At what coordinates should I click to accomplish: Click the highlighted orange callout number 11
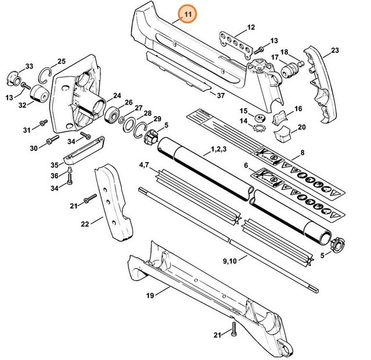[188, 14]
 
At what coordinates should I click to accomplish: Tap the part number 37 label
[220, 95]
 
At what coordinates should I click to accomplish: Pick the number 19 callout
[150, 296]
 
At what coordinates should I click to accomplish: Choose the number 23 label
[334, 52]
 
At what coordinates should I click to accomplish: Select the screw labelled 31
[43, 123]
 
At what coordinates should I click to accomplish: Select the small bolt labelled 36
[70, 170]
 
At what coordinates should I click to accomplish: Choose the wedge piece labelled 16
[280, 116]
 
